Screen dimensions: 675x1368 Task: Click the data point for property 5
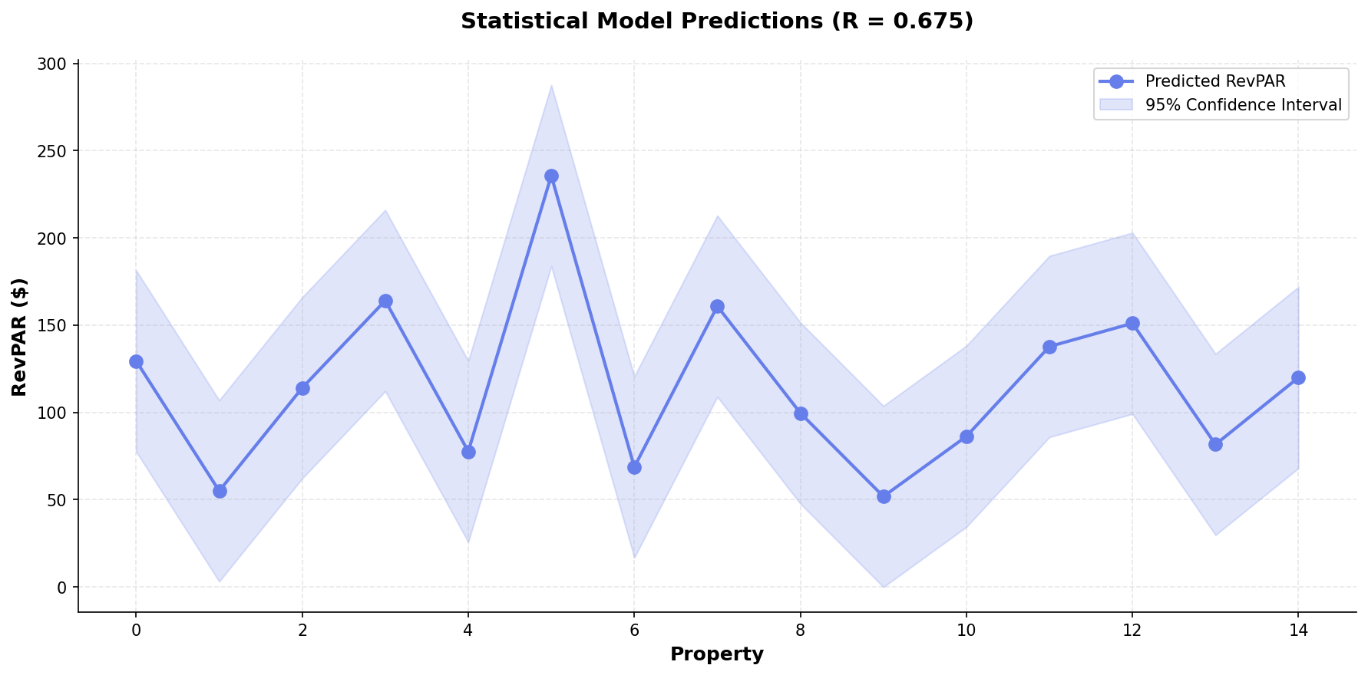[x=551, y=176]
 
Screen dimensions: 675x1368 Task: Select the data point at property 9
[x=884, y=496]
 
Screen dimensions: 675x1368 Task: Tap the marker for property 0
[x=136, y=361]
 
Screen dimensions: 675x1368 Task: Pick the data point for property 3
[x=385, y=301]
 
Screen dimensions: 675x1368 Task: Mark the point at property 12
[x=1132, y=323]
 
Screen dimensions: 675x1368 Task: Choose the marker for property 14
[x=1298, y=377]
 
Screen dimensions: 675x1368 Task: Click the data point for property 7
[x=717, y=306]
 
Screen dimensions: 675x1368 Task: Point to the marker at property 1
[x=220, y=491]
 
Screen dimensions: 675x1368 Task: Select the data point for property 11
[x=1049, y=347]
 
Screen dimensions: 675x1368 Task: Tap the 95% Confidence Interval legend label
[x=1243, y=105]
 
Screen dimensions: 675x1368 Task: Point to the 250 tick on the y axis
[x=56, y=151]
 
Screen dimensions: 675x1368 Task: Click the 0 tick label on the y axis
[x=64, y=588]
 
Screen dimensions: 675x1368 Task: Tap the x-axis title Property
[x=716, y=654]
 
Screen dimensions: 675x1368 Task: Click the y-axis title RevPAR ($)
[x=20, y=337]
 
